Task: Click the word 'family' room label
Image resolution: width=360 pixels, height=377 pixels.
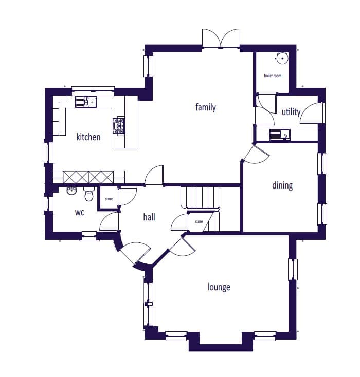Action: pos(205,107)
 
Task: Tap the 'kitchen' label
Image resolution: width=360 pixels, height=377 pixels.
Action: pos(88,137)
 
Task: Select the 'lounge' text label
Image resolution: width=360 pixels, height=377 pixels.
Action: pos(219,287)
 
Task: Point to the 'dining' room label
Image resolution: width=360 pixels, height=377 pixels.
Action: pos(282,185)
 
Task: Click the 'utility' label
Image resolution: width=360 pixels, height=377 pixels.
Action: pos(291,112)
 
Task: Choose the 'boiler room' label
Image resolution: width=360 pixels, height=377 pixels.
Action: pos(273,76)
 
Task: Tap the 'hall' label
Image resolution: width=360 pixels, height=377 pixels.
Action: pos(149,217)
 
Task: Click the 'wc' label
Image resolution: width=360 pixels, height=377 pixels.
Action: pos(80,212)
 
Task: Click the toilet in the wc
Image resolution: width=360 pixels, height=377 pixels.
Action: pos(89,194)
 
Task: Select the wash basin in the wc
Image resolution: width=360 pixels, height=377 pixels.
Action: pos(71,191)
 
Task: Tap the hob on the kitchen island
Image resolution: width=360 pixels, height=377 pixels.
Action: pos(118,126)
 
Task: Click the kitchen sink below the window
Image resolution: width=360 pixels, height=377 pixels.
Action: pos(85,102)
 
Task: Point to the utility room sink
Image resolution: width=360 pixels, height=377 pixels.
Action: pos(280,135)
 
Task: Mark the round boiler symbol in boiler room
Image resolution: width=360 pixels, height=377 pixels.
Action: pos(282,58)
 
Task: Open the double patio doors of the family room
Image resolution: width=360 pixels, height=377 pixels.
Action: pos(220,39)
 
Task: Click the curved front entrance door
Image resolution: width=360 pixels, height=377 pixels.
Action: pos(135,253)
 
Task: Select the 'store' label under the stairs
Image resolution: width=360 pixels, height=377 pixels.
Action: pos(199,221)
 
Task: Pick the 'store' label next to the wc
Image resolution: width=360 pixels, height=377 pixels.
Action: pos(109,199)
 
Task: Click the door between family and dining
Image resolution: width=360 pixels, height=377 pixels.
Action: pos(255,154)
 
